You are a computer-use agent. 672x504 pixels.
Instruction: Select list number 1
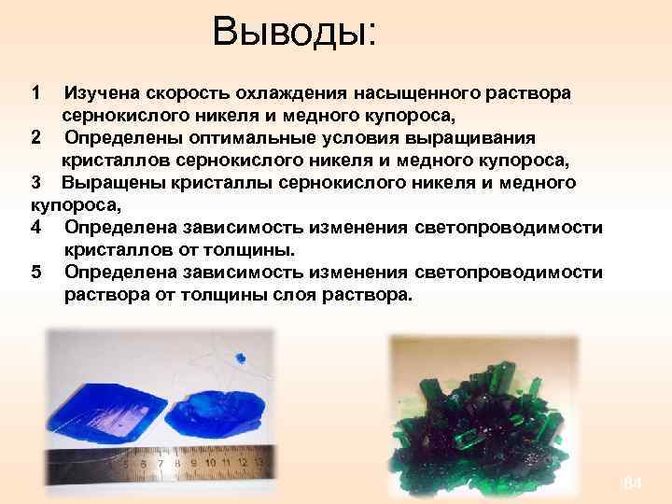pos(35,94)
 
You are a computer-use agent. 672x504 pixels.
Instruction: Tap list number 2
pos(35,137)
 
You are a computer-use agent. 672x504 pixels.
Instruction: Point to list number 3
pos(35,182)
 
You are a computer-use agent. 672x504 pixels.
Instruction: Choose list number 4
pos(35,228)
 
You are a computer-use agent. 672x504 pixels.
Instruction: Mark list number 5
pos(35,273)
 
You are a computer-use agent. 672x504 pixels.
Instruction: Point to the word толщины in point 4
pos(253,250)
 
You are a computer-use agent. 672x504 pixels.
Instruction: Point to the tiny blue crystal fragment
pos(240,356)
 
